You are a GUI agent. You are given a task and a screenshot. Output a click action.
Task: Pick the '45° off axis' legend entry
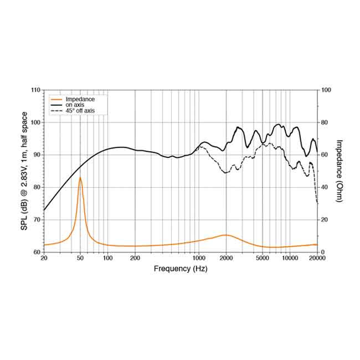(80, 111)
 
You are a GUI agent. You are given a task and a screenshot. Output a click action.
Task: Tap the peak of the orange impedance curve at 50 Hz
(80, 178)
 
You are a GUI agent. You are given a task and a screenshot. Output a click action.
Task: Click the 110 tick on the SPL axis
(35, 90)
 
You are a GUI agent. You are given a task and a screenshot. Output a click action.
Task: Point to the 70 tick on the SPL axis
(35, 220)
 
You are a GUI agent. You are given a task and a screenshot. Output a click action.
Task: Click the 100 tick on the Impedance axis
(327, 90)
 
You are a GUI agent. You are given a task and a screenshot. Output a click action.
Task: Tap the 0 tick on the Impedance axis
(323, 252)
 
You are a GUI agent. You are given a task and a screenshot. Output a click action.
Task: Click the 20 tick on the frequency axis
(44, 259)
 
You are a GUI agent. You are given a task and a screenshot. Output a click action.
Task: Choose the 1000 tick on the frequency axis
(198, 259)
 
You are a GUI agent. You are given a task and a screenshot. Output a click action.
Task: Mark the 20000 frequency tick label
(317, 259)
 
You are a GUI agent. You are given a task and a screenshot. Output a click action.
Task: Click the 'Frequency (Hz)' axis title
(181, 269)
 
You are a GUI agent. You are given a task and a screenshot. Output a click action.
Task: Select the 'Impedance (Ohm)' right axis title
(339, 171)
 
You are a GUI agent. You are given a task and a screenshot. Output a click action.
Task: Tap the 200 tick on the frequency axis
(135, 259)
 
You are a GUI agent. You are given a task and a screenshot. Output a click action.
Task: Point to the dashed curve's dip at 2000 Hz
(226, 173)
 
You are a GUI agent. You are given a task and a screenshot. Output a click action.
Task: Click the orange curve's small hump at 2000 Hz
(225, 235)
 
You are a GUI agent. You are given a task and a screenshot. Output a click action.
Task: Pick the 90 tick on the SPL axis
(35, 155)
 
